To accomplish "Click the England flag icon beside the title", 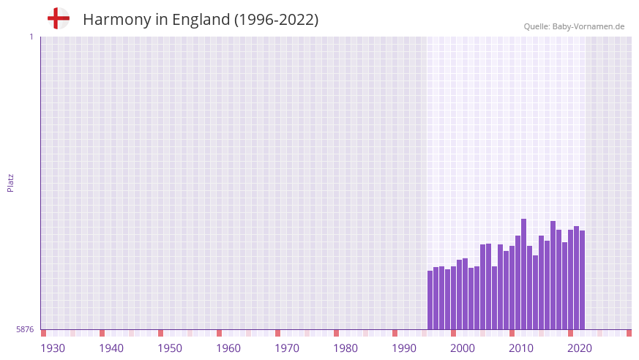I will point(59,18).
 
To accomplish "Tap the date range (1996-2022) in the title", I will point(276,20).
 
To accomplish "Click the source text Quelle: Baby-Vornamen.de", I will point(574,26).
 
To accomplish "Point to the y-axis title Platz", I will point(10,183).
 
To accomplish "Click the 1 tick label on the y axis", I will point(31,37).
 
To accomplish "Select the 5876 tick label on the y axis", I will point(25,329).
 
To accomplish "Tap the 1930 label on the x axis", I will point(53,348).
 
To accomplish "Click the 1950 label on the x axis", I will point(170,348).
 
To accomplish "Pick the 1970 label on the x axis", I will point(287,348).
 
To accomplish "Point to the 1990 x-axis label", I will point(404,348).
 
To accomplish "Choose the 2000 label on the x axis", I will point(463,348).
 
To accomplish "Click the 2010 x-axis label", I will point(521,348).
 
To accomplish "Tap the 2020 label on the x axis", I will point(580,348).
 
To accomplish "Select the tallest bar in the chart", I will point(523,274).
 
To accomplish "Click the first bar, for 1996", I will point(430,300).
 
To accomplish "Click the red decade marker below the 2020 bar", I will point(570,333).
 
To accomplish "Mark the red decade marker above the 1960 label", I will point(219,333).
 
